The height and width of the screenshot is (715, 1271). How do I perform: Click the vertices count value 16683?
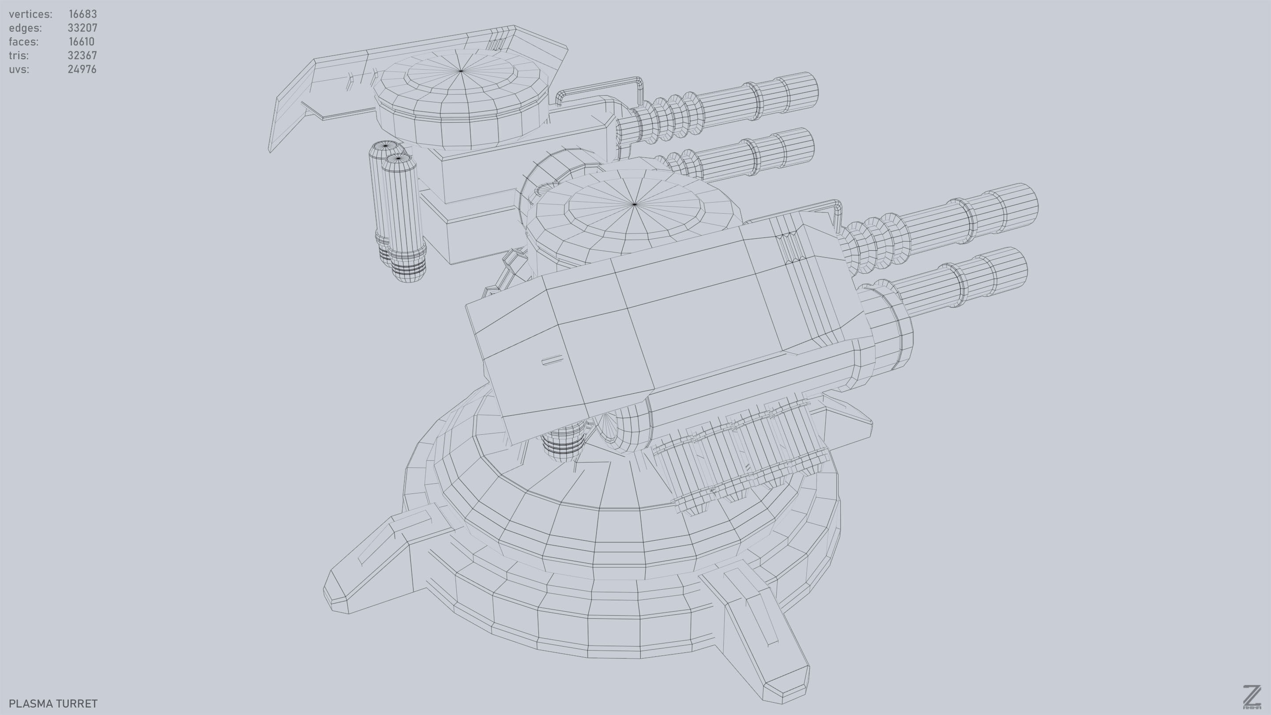click(83, 14)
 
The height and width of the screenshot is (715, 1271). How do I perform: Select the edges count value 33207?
click(83, 28)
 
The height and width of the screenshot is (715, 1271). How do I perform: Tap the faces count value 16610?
click(81, 41)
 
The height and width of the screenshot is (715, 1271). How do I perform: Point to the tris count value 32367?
click(82, 55)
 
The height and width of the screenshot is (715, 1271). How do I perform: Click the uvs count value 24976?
click(82, 69)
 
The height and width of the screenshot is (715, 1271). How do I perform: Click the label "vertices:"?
click(30, 14)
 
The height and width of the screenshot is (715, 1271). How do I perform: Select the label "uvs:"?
click(19, 69)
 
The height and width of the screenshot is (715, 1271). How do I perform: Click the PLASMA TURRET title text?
click(53, 703)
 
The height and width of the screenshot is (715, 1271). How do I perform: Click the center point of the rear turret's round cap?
click(461, 71)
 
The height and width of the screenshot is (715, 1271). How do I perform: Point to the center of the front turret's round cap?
click(635, 203)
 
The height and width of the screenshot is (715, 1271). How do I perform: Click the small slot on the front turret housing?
click(552, 360)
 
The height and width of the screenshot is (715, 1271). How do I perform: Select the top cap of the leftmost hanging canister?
click(385, 146)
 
